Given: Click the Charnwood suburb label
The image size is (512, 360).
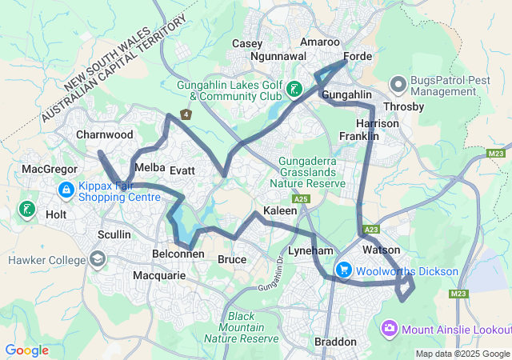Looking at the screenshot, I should point(104,135).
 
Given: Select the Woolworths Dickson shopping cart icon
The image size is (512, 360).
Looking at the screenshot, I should point(344,270).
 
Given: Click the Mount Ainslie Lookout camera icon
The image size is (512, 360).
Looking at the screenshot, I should point(390,328).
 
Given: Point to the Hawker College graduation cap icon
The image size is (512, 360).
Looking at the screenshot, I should point(98,259).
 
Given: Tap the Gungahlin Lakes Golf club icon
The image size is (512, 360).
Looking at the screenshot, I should point(295,90).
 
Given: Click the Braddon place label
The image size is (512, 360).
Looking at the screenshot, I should point(336,342).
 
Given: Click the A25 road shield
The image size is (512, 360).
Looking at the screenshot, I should point(301,198).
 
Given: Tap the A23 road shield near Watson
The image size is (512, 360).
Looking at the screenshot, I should point(371,230).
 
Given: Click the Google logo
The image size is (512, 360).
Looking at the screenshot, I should point(27,350).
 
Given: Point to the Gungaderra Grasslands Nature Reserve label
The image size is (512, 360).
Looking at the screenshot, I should point(312,172).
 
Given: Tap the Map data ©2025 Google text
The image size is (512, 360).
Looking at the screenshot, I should point(462,354).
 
